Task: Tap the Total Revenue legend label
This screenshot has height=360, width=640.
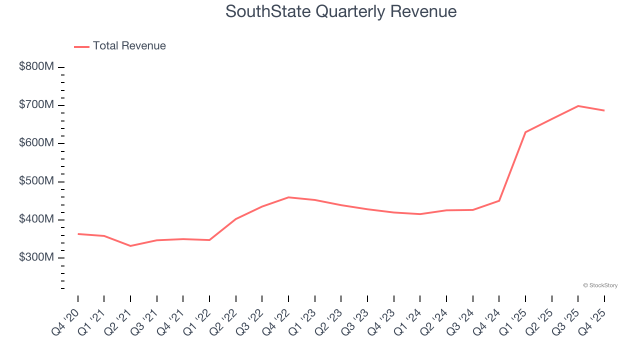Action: (x=129, y=46)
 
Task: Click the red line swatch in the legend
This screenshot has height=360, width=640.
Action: (x=81, y=46)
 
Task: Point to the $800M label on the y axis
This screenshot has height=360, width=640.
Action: (x=36, y=67)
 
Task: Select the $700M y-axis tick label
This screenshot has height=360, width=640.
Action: (x=36, y=105)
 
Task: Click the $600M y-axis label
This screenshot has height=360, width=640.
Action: (x=36, y=143)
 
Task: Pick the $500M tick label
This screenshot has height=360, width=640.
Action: (x=36, y=181)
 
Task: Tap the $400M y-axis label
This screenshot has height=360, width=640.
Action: (x=36, y=219)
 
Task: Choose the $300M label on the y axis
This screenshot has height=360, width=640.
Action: (x=36, y=257)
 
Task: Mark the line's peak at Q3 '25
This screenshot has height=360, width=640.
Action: (x=578, y=106)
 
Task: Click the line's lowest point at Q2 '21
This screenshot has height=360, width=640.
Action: (x=130, y=246)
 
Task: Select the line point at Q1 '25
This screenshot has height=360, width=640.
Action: (x=525, y=132)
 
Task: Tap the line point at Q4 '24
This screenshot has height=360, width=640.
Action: (x=499, y=200)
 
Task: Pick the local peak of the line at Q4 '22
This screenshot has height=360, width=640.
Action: (x=288, y=197)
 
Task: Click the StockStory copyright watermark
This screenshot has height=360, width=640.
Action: (x=600, y=285)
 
